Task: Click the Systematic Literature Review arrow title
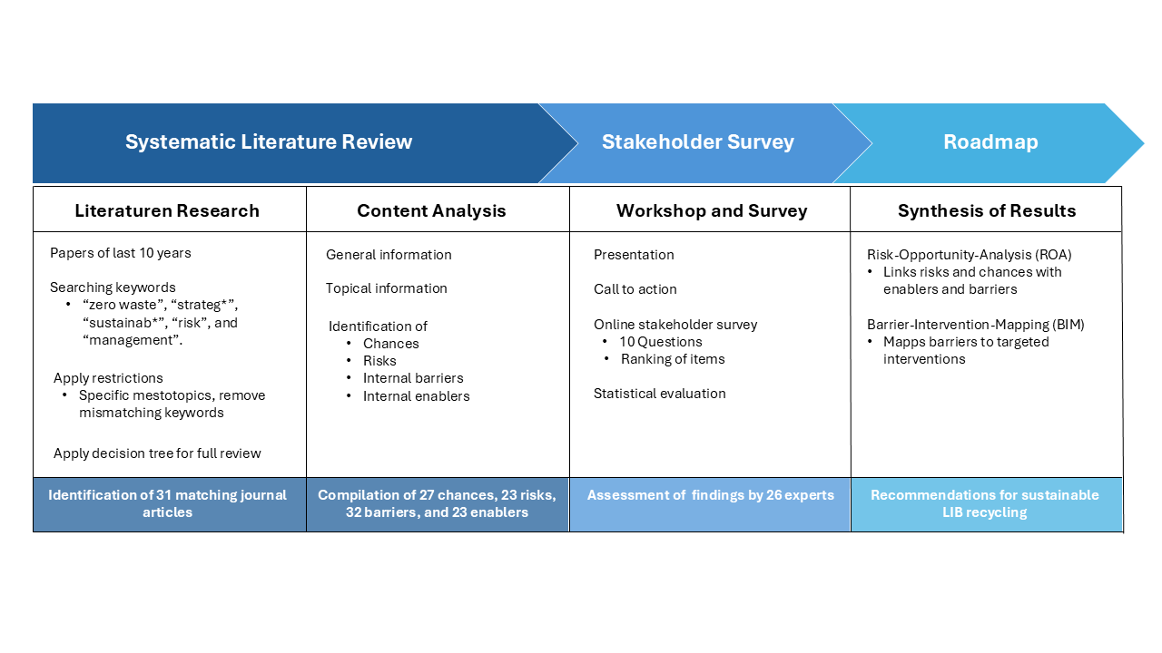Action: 269,142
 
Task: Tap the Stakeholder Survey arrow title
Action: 698,142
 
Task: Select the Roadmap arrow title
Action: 990,142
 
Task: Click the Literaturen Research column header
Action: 167,211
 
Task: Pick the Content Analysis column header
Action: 431,211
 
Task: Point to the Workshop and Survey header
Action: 712,211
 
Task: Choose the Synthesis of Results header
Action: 987,211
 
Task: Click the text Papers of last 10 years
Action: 121,253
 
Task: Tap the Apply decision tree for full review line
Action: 157,453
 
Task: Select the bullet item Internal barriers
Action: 413,378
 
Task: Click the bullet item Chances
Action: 390,344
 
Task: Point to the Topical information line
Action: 387,288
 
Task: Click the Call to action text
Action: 635,289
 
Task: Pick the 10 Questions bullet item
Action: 660,342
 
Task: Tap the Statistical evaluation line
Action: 659,394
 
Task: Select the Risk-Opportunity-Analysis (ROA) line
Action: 969,255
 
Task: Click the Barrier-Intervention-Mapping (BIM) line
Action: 975,325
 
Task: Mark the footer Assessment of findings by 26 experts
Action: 710,495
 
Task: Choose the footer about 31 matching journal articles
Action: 167,503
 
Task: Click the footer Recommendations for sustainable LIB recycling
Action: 985,503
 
